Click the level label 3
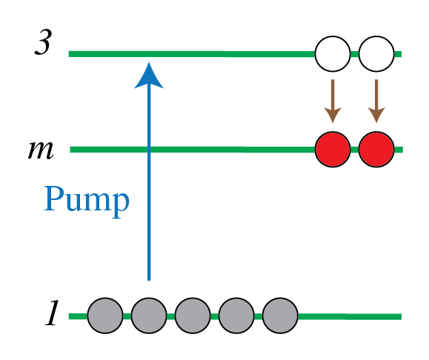click(44, 44)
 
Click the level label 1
click(50, 315)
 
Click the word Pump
click(87, 199)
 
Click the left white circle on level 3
click(333, 54)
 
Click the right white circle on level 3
click(376, 54)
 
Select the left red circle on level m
click(333, 150)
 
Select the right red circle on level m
click(376, 150)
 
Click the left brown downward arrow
click(333, 100)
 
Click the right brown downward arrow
click(376, 100)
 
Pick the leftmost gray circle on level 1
click(105, 316)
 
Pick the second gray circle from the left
click(149, 316)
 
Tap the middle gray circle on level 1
click(193, 316)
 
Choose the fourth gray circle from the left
click(236, 316)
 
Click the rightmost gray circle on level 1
click(280, 316)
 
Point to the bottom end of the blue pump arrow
click(149, 279)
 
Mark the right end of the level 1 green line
click(399, 317)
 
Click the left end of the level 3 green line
click(70, 54)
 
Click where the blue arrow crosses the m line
click(149, 150)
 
